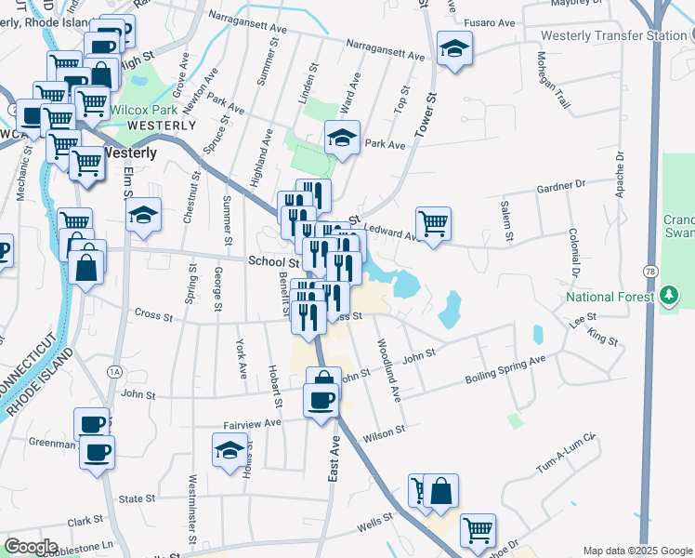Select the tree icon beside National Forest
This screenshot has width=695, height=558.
(668, 297)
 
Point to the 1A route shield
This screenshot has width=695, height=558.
(114, 371)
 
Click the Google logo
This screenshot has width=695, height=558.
(32, 547)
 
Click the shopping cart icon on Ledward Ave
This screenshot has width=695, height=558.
(433, 223)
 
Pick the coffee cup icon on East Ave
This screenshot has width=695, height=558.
(321, 400)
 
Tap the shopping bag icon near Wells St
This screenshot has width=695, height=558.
(441, 490)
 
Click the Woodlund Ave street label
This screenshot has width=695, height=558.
(387, 369)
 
